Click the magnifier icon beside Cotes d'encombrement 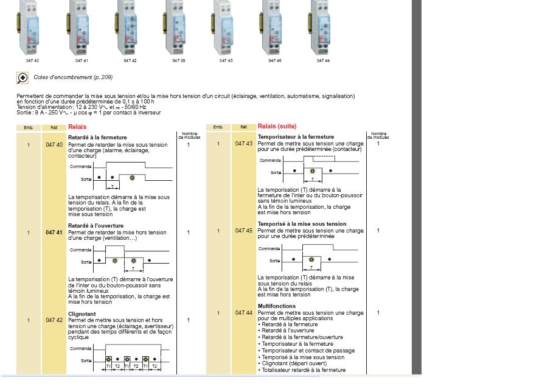(x=23, y=78)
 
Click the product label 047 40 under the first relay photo (x=32, y=61)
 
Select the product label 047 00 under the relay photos (x=178, y=61)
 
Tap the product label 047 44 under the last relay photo (x=323, y=61)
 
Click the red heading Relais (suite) (x=277, y=127)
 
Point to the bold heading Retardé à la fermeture (x=97, y=138)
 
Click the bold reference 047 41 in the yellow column (x=54, y=233)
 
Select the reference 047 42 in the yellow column (x=54, y=320)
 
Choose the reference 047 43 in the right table (x=244, y=144)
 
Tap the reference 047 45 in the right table (x=244, y=231)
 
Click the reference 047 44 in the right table (x=244, y=313)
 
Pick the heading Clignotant (x=82, y=315)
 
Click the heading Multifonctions (x=277, y=306)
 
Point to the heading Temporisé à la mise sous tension (x=302, y=224)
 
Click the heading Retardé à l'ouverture (x=95, y=226)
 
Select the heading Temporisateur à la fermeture (x=296, y=137)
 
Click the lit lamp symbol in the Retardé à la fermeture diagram (x=132, y=178)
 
